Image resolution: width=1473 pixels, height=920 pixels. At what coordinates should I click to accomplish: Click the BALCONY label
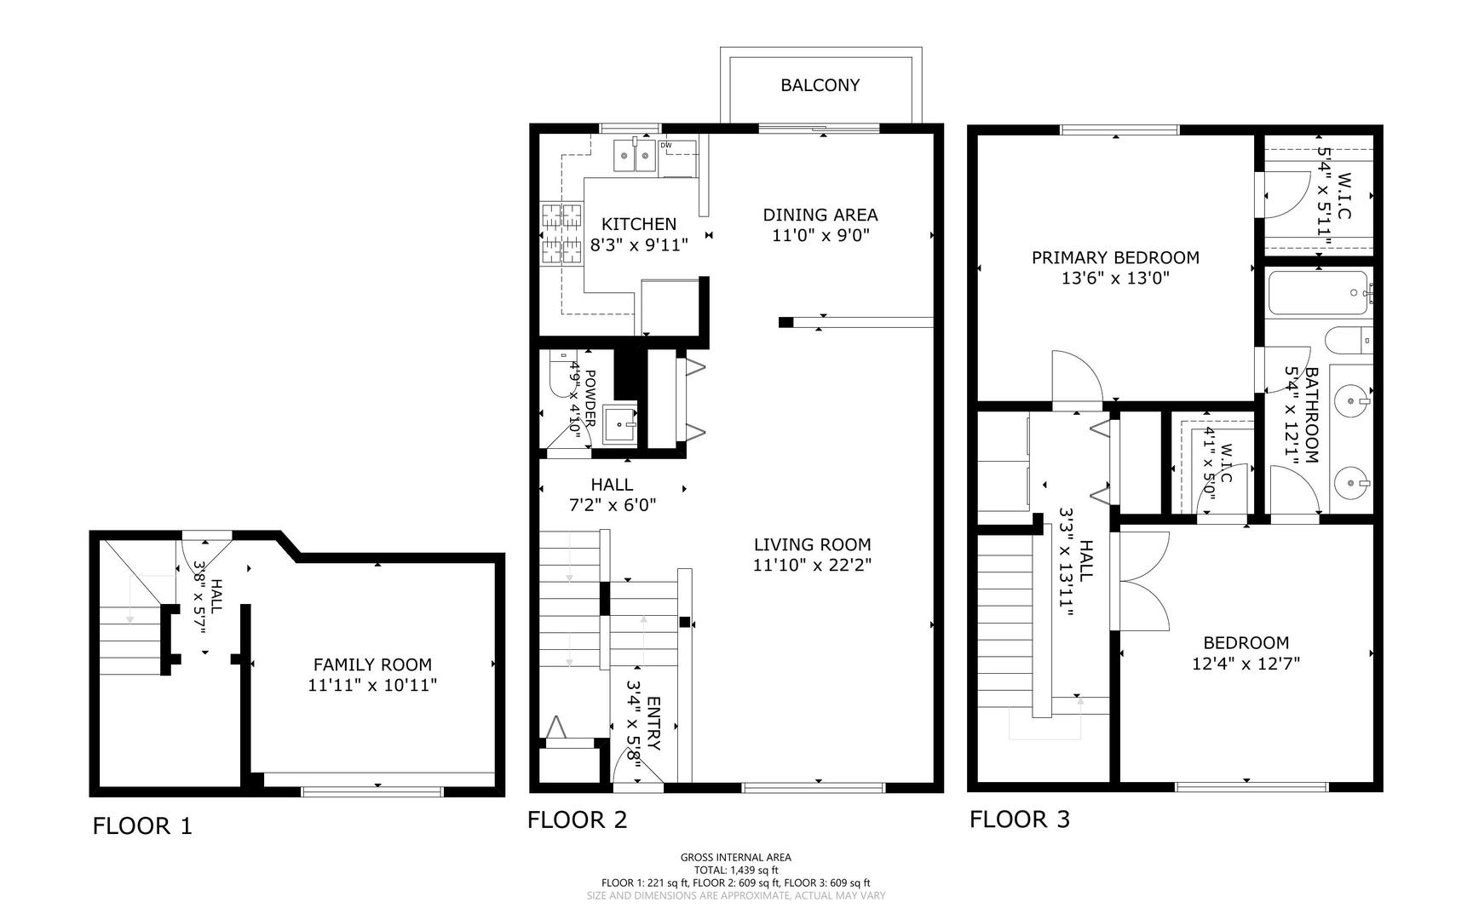(x=820, y=85)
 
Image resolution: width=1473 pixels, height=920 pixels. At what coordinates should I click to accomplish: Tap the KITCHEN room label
(x=639, y=224)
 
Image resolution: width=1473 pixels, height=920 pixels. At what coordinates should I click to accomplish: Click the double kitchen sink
(x=636, y=155)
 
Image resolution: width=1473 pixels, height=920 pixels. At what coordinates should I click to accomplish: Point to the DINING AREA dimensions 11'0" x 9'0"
(x=820, y=236)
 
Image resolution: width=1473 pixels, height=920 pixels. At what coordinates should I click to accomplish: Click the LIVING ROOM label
(x=813, y=544)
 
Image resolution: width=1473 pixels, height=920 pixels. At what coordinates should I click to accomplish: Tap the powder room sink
(x=619, y=424)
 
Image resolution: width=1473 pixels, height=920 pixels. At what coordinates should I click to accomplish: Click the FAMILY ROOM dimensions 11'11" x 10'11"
(x=372, y=684)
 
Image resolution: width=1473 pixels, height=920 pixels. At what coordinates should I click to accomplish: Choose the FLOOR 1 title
(x=142, y=825)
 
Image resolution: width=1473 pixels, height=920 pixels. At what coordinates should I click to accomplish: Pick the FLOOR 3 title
(x=1020, y=819)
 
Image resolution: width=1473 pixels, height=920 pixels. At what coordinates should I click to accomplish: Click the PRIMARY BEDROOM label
(x=1115, y=257)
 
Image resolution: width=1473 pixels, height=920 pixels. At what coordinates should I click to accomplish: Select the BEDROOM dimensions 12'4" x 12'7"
(x=1246, y=663)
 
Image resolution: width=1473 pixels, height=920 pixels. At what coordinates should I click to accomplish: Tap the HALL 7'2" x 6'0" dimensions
(x=613, y=504)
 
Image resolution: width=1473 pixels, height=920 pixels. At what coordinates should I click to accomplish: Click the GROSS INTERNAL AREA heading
(x=736, y=858)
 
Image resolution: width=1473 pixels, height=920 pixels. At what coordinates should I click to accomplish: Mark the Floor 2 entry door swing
(x=635, y=762)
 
